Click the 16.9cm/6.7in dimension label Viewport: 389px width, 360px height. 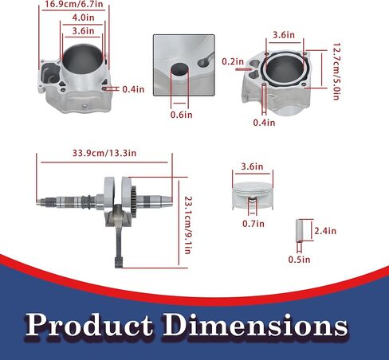pos(73,4)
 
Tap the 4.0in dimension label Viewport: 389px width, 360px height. pos(83,18)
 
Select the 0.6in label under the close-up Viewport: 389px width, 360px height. pos(181,115)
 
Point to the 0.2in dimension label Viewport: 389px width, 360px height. pos(233,61)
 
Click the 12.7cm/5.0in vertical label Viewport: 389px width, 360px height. pos(336,72)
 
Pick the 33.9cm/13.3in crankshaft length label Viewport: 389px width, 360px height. pos(104,153)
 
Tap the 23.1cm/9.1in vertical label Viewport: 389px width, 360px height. pos(188,225)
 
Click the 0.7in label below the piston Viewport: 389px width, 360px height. pos(253,224)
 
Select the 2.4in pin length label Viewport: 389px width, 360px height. pos(325,231)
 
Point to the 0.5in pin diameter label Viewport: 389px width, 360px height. pos(299,260)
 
